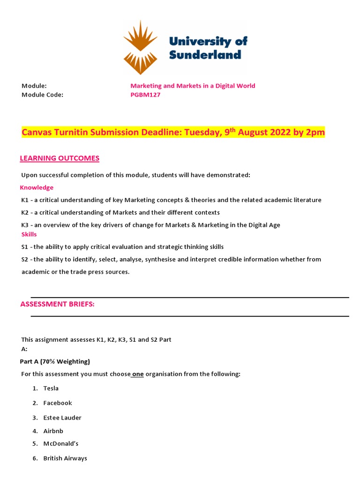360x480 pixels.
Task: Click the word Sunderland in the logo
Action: [205, 54]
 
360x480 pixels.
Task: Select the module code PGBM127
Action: [145, 94]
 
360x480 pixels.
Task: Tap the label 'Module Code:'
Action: [42, 94]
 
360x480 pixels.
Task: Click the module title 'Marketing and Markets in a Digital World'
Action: [193, 86]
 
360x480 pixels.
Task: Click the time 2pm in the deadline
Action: [315, 133]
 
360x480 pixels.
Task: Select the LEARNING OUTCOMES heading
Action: [60, 158]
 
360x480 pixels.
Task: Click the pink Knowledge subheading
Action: [37, 187]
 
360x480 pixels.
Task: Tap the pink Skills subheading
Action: [29, 234]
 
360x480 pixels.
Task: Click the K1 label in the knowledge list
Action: [25, 200]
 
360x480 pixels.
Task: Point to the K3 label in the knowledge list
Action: [25, 225]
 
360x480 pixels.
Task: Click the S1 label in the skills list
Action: [25, 247]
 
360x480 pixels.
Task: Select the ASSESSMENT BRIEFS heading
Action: [57, 304]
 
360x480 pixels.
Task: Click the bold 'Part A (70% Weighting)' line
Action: [55, 361]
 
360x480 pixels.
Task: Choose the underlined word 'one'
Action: [137, 374]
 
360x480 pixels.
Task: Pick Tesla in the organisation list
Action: [51, 388]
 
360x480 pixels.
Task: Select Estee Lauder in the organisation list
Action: [62, 418]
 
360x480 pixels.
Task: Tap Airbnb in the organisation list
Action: [53, 431]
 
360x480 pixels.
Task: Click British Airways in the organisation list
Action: [65, 458]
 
